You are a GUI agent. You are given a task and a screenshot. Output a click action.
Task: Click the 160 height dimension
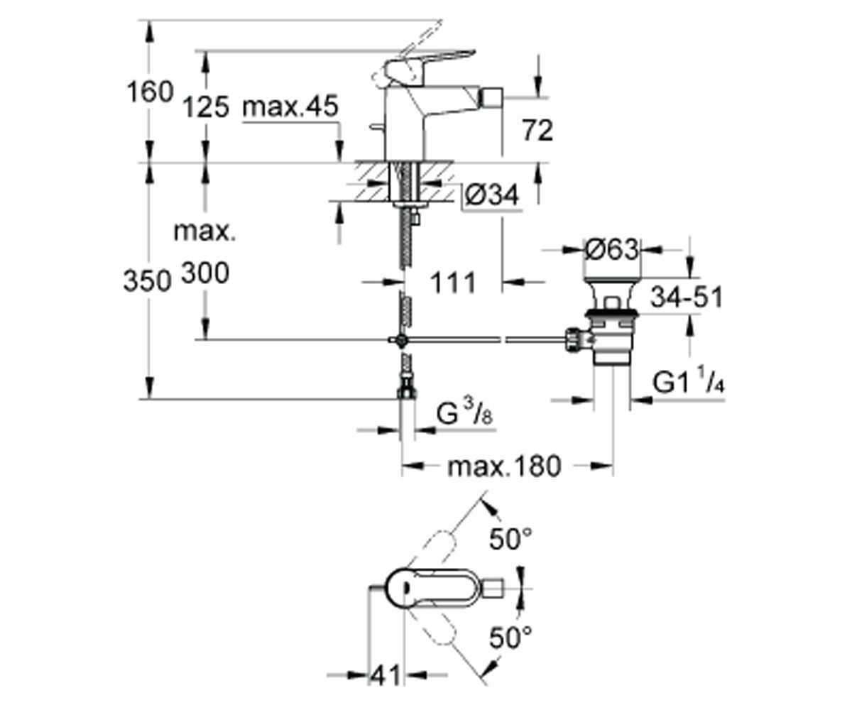(150, 92)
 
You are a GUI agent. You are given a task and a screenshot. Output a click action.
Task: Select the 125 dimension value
(206, 107)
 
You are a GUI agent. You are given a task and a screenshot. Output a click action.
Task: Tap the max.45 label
(290, 106)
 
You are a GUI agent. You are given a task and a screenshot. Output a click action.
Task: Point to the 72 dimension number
(537, 131)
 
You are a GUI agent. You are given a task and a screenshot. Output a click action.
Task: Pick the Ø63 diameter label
(611, 249)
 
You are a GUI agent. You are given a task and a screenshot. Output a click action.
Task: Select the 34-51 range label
(687, 297)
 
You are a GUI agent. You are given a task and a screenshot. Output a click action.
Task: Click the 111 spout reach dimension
(454, 283)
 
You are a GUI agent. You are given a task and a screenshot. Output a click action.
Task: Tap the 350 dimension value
(147, 280)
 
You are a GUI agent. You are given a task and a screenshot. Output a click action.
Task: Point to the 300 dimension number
(205, 273)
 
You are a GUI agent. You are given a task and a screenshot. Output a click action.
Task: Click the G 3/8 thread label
(465, 412)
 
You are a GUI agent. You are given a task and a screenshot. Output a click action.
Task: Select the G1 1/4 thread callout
(689, 380)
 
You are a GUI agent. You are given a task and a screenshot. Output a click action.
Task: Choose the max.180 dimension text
(504, 466)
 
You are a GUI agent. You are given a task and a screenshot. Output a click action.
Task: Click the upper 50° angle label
(511, 539)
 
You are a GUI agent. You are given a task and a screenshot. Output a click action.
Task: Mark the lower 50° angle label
(511, 638)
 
